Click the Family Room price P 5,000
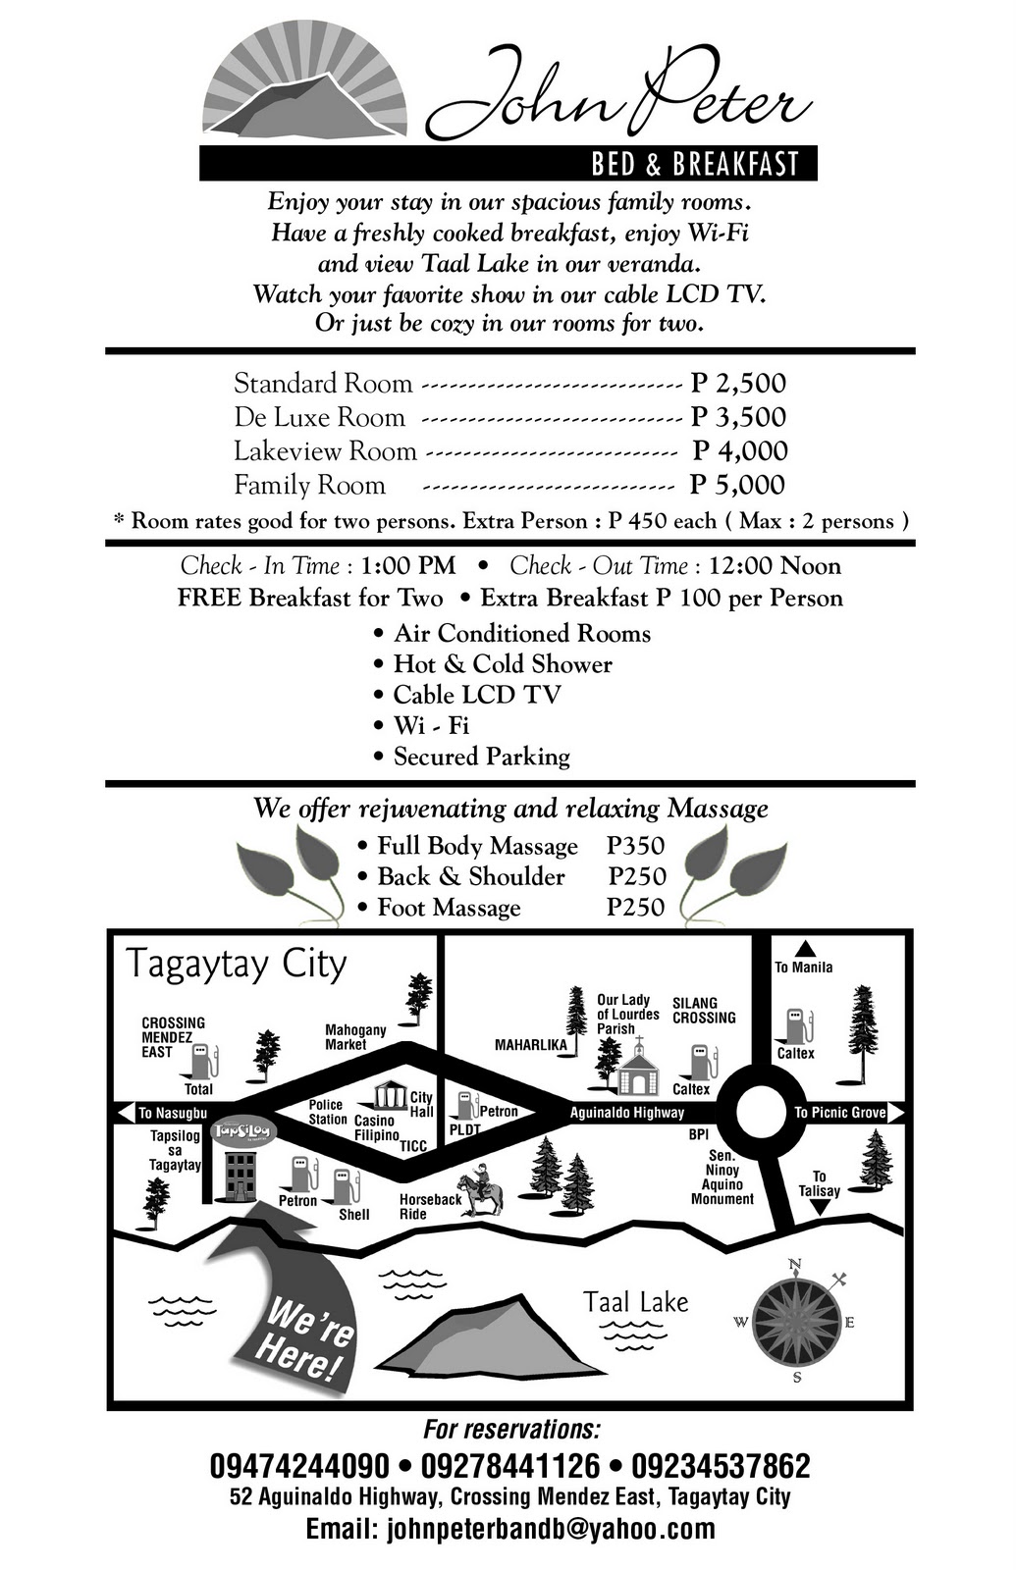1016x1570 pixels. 736,485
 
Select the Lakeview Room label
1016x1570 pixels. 325,451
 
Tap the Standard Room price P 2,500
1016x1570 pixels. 738,383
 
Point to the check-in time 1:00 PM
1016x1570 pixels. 408,566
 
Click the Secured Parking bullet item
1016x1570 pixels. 481,757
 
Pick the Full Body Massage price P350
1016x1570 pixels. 635,846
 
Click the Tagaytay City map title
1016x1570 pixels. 236,964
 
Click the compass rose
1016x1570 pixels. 796,1322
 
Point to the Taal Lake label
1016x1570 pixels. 636,1302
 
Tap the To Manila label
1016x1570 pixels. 803,967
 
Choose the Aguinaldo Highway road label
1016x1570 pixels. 627,1113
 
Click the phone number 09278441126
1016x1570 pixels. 509,1466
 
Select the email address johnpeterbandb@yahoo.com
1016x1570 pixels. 509,1529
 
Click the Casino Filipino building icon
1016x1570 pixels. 390,1094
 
